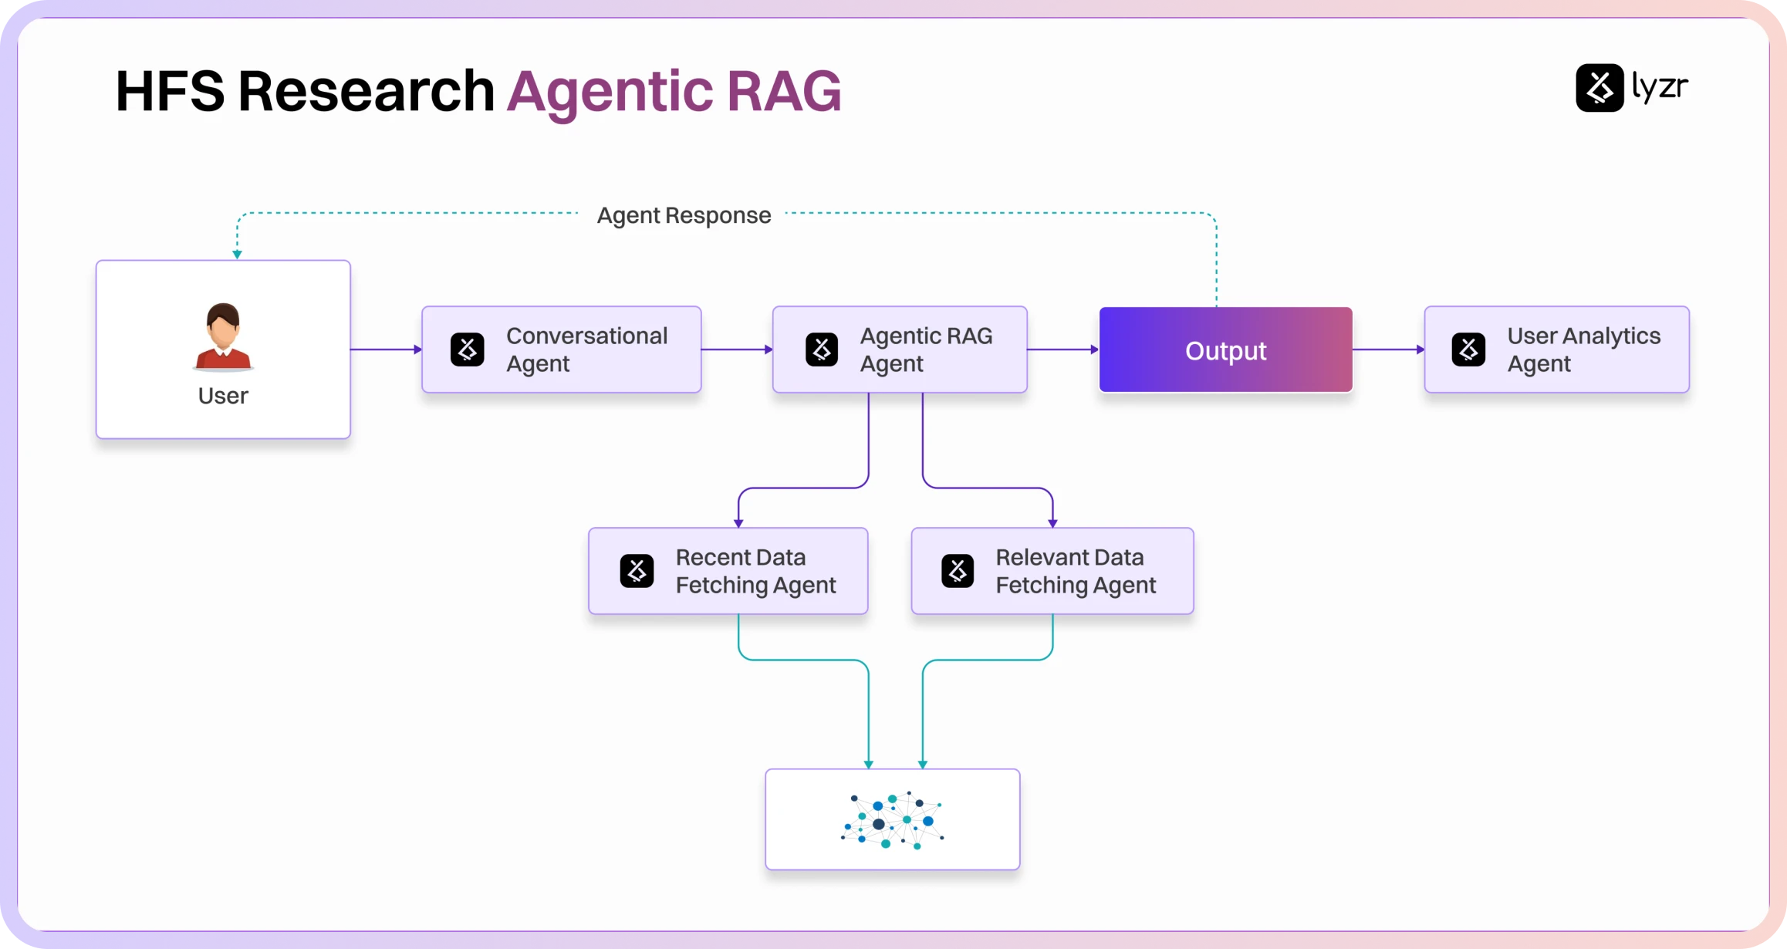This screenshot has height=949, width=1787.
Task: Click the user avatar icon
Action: pyautogui.click(x=223, y=336)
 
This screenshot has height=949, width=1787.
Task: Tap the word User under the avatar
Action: pyautogui.click(x=223, y=396)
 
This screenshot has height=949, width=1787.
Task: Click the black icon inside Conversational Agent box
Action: pyautogui.click(x=468, y=350)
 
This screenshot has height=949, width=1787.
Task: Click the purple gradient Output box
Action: pyautogui.click(x=1225, y=350)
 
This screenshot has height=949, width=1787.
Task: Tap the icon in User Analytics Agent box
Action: pyautogui.click(x=1468, y=350)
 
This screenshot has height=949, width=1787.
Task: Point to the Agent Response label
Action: pyautogui.click(x=684, y=215)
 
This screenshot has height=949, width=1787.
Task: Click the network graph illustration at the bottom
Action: pyautogui.click(x=893, y=820)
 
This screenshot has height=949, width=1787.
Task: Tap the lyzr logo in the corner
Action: pyautogui.click(x=1631, y=87)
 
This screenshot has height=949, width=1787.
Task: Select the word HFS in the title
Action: pyautogui.click(x=170, y=91)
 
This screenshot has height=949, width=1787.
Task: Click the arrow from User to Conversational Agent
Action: pyautogui.click(x=386, y=350)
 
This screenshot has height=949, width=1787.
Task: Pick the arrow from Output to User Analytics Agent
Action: pyautogui.click(x=1388, y=350)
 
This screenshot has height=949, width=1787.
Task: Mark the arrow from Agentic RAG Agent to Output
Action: pyautogui.click(x=1062, y=350)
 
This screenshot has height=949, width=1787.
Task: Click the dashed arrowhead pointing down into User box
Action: pyautogui.click(x=237, y=254)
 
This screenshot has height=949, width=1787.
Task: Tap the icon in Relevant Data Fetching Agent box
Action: pyautogui.click(x=958, y=571)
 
